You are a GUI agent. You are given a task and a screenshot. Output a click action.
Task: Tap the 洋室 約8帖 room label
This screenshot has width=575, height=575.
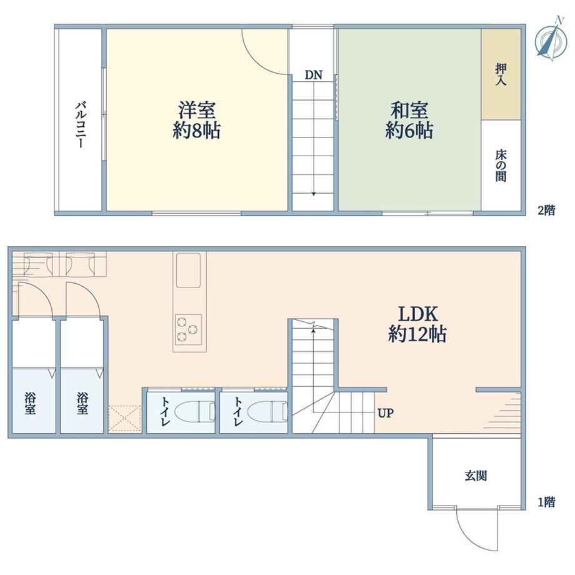[196, 120]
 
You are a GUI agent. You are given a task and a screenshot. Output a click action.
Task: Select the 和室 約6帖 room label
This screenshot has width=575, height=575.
[409, 120]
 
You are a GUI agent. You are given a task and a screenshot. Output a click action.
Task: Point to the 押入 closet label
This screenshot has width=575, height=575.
[501, 74]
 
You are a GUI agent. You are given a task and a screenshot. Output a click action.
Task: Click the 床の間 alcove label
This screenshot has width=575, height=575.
[501, 166]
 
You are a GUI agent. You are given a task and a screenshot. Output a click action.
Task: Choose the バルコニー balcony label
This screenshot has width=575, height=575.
[81, 124]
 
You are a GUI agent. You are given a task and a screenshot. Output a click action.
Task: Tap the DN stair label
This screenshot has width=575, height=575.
[314, 75]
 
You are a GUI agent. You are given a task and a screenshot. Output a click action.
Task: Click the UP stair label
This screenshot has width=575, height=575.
[386, 413]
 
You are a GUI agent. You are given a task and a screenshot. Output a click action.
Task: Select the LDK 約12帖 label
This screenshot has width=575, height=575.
[417, 324]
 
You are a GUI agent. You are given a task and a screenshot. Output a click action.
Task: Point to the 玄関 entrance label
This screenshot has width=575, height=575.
[476, 476]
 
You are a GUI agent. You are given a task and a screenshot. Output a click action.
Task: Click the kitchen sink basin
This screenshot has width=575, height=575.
[189, 270]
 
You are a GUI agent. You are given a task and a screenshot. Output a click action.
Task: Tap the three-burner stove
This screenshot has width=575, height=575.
[188, 329]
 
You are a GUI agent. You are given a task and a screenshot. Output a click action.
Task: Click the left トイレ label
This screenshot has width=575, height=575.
[164, 411]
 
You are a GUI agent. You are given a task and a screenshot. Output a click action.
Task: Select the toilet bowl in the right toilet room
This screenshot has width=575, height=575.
[267, 411]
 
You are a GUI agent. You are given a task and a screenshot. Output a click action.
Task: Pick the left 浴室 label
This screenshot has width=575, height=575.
[30, 403]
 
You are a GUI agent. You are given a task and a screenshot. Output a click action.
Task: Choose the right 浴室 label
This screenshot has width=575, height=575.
[82, 403]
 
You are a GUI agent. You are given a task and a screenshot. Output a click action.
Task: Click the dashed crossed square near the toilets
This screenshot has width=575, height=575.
[125, 418]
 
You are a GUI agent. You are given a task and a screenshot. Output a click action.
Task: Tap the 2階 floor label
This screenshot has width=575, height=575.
[546, 210]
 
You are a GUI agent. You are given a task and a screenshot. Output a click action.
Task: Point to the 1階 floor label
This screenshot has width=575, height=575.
[546, 502]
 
